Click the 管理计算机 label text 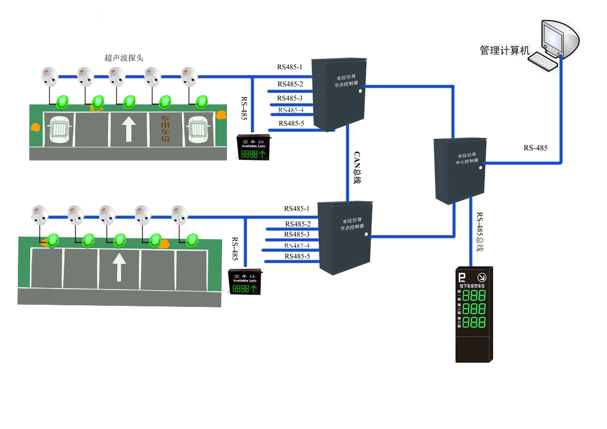[505, 50]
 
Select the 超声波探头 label [124, 58]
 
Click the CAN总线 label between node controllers [357, 167]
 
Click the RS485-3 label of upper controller [290, 98]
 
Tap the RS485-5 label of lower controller [297, 256]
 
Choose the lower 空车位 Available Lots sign [245, 282]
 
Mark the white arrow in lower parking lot [119, 267]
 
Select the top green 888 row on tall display [473, 296]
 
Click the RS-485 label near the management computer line [535, 148]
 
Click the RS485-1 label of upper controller [290, 68]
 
